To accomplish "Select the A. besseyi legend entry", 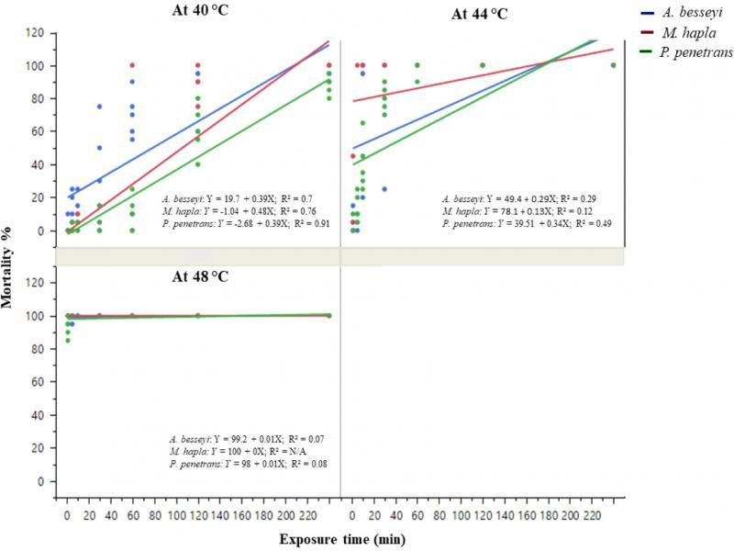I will coord(683,12).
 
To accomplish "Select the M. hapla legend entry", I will coord(678,33).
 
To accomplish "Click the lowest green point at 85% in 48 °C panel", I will coord(67,341).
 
